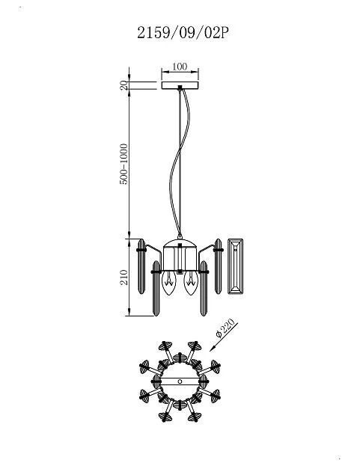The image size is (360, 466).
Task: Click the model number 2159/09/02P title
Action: (183, 33)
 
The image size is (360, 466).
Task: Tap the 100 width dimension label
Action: (180, 67)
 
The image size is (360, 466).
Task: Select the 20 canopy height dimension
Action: (124, 85)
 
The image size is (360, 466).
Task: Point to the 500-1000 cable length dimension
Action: (123, 164)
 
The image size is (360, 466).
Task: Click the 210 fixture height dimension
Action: (124, 278)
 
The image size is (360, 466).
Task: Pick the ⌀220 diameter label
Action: (225, 328)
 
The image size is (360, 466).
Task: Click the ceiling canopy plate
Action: (180, 85)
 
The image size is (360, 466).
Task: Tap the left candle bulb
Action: (169, 283)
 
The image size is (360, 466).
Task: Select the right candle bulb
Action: (191, 283)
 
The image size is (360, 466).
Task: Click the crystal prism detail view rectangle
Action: (236, 266)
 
